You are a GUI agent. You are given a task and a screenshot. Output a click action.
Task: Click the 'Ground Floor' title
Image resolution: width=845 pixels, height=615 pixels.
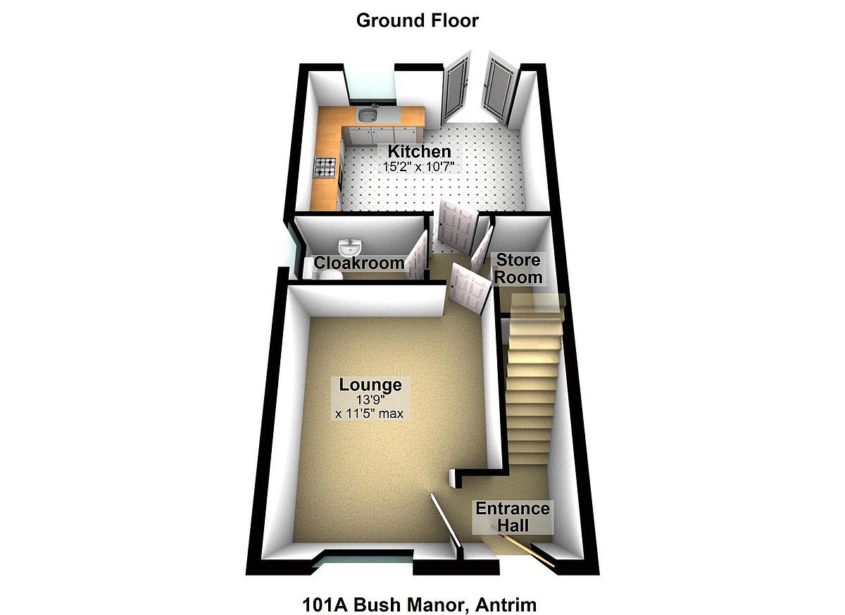(x=417, y=20)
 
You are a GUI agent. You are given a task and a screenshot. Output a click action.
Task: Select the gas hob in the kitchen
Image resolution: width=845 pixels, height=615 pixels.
(x=325, y=167)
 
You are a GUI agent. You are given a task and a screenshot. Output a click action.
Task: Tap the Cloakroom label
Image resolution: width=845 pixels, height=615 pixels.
(x=359, y=263)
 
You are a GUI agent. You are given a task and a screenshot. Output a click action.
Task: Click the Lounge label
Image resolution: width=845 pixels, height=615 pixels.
(x=370, y=385)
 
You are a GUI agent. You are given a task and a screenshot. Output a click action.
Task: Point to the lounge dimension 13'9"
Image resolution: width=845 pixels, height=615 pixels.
(x=370, y=399)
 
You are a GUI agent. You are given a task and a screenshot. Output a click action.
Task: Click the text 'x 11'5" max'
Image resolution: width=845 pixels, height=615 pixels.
(x=370, y=414)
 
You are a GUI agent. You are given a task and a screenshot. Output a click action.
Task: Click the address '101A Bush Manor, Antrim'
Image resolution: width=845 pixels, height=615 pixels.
(x=420, y=604)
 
